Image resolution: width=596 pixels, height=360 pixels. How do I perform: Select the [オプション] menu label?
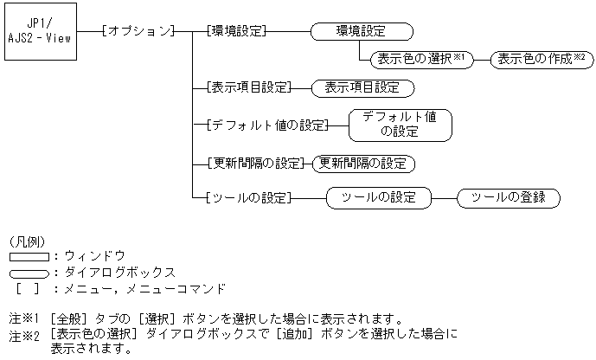click(x=138, y=31)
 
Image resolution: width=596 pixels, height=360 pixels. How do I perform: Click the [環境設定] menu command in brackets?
click(x=236, y=31)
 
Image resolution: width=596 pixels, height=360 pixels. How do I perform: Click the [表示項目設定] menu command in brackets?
click(x=247, y=87)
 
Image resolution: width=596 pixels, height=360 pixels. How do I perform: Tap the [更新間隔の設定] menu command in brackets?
click(x=257, y=163)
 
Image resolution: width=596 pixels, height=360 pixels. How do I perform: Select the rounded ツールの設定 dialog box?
click(x=378, y=197)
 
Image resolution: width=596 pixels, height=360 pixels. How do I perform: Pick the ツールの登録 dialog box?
click(x=508, y=197)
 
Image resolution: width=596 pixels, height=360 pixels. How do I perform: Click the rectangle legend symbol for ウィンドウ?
click(x=29, y=257)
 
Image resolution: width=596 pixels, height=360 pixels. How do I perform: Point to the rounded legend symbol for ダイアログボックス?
click(x=29, y=273)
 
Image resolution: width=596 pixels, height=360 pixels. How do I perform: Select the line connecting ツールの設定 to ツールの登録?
click(x=444, y=197)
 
